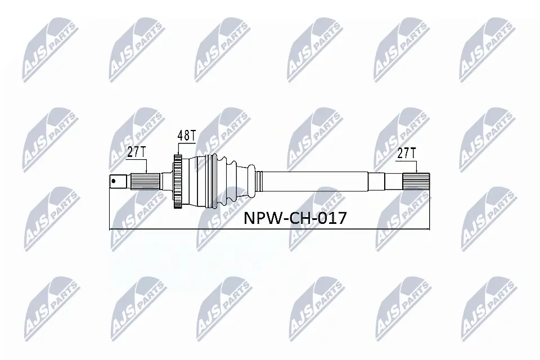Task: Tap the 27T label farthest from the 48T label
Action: click(407, 152)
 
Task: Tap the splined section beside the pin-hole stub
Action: click(143, 182)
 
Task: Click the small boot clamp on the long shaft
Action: click(258, 181)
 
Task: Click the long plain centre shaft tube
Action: click(315, 181)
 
